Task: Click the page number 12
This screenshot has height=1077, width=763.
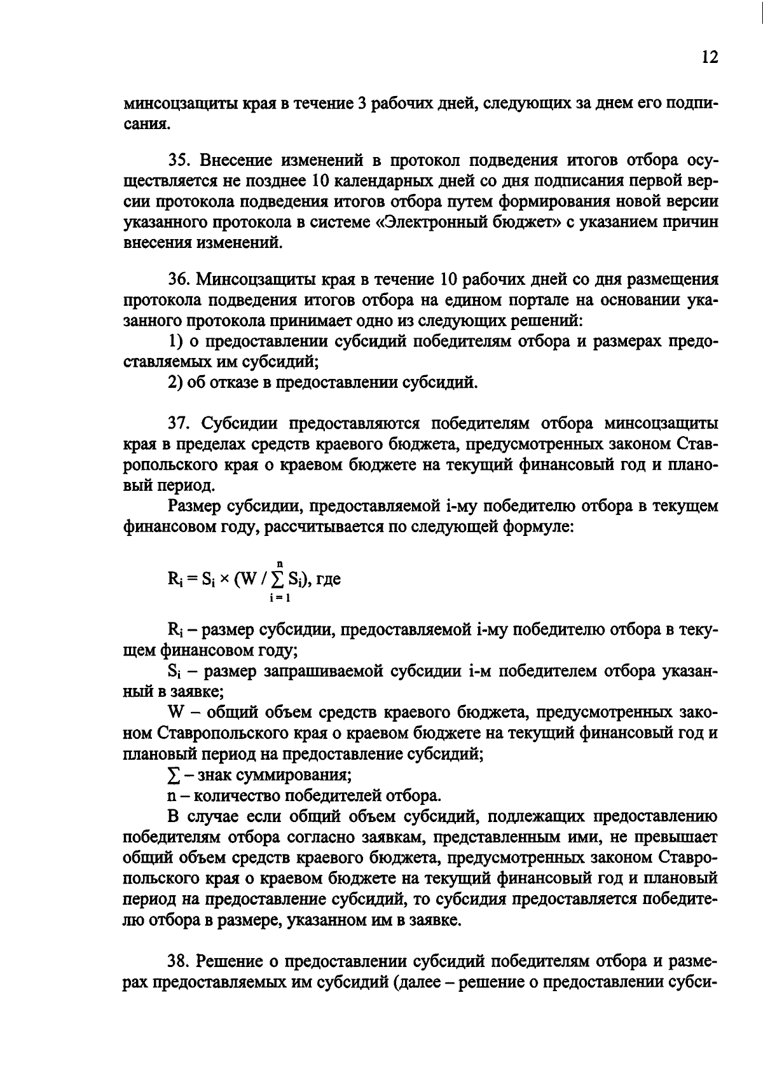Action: (x=710, y=58)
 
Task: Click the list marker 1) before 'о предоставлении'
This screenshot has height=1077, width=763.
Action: (x=175, y=341)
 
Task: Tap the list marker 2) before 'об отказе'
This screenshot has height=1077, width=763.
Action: (x=175, y=383)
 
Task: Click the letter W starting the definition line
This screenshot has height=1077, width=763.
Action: (x=174, y=713)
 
